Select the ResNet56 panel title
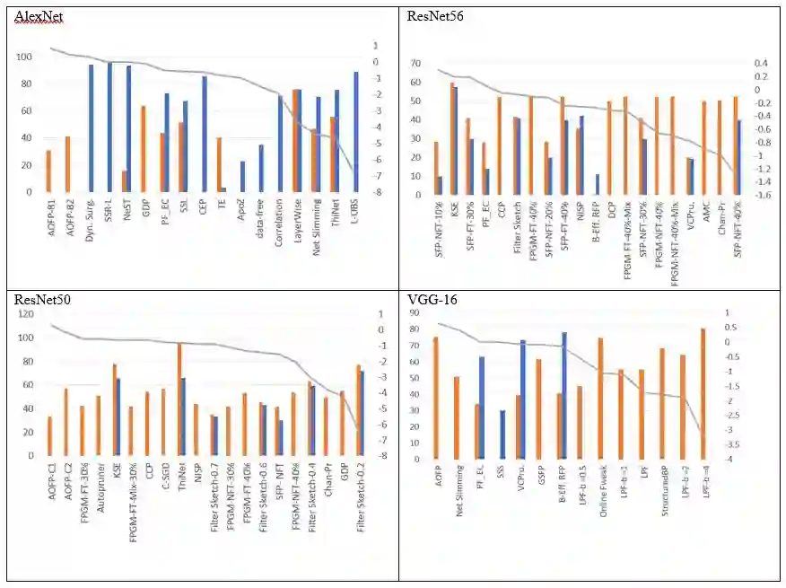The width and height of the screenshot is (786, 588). (x=434, y=16)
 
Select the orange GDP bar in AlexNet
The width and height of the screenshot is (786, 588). (x=143, y=149)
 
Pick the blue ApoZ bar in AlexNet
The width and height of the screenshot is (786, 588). (x=242, y=176)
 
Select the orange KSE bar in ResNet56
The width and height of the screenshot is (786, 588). (x=452, y=138)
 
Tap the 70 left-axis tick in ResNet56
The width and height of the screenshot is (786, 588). (x=415, y=64)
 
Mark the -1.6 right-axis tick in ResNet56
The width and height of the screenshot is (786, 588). (x=761, y=194)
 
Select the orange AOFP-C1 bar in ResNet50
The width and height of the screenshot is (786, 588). (x=49, y=435)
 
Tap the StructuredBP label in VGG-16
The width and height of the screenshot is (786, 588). (x=663, y=491)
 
